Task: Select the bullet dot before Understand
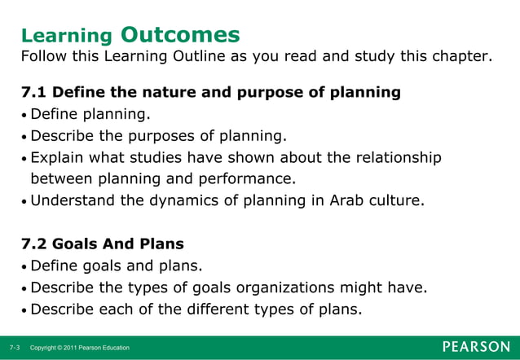coord(24,200)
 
